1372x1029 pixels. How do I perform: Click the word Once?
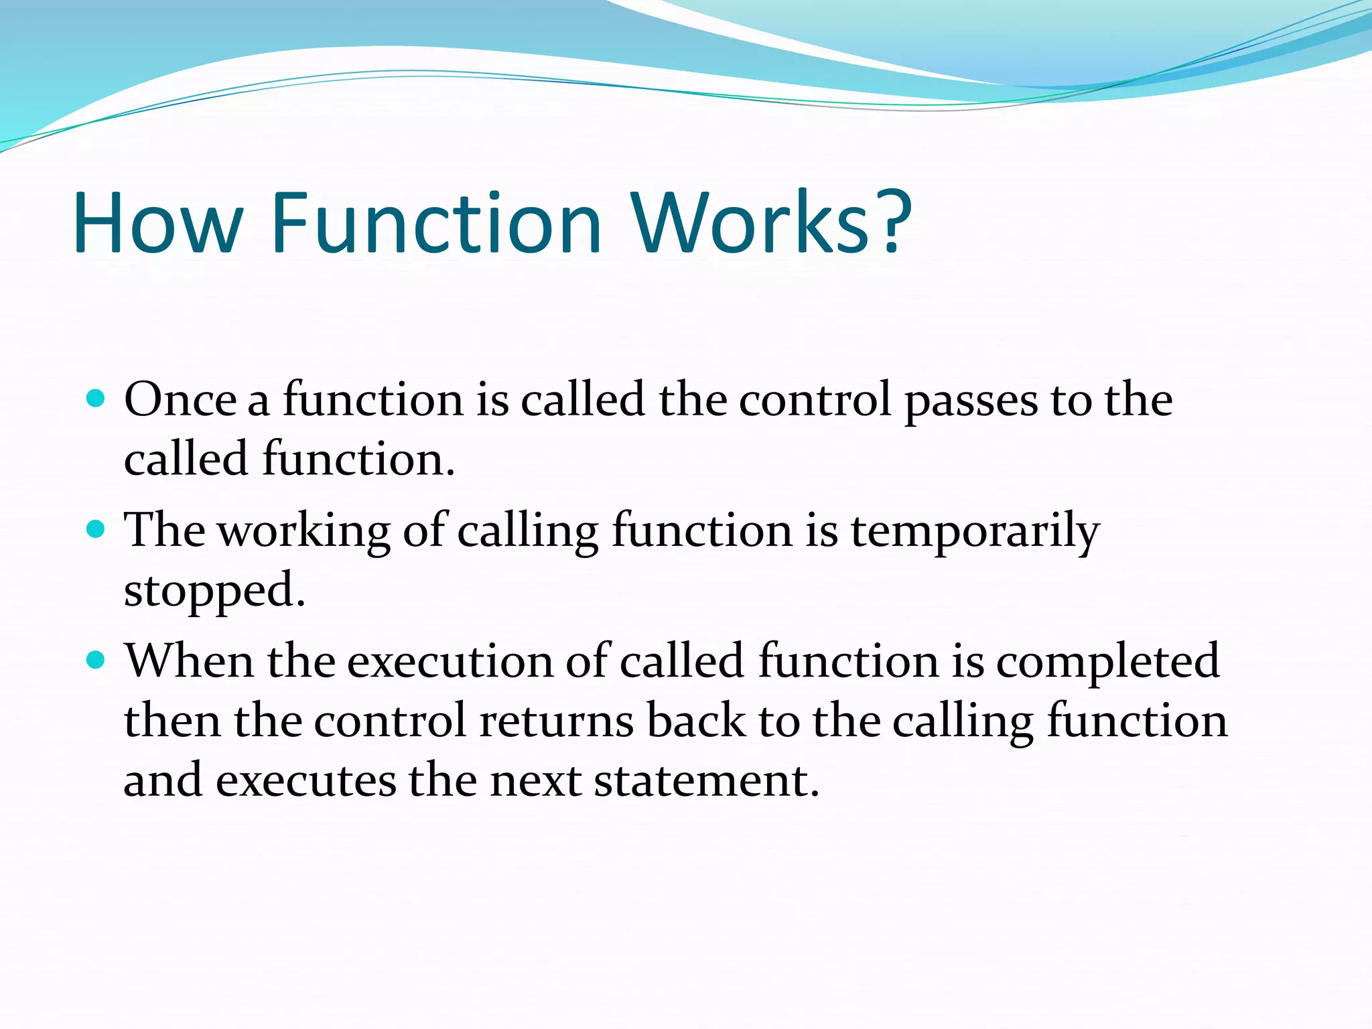(180, 400)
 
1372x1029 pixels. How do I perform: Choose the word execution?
(450, 662)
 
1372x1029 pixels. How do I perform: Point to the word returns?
(557, 722)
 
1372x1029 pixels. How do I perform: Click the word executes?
(306, 782)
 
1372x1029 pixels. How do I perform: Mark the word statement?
(706, 782)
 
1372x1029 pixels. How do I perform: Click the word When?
(190, 661)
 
